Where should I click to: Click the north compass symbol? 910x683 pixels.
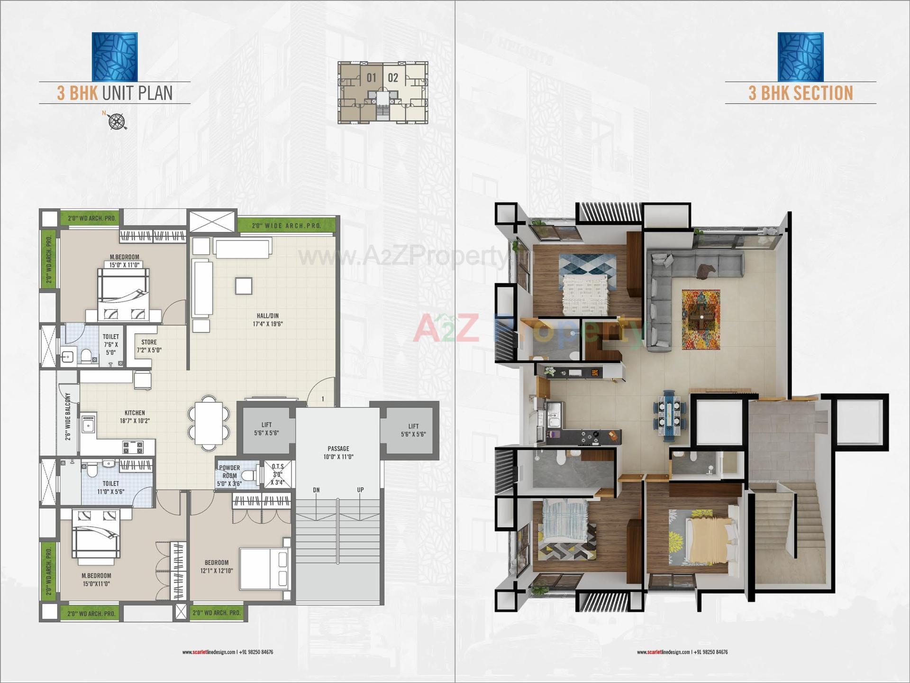[x=117, y=121]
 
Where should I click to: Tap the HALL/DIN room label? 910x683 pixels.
[x=268, y=320]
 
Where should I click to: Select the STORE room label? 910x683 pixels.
[x=149, y=346]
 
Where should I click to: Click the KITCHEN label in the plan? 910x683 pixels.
[x=135, y=416]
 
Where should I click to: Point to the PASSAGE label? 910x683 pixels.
[x=338, y=452]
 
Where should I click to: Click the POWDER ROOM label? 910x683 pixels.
[x=229, y=475]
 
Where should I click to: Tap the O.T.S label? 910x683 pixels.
[x=278, y=474]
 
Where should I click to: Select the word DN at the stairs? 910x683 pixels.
[x=316, y=490]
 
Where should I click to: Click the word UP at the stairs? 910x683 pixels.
[x=360, y=490]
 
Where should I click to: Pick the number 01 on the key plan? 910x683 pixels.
[x=372, y=77]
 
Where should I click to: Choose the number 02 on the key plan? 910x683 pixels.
[x=393, y=77]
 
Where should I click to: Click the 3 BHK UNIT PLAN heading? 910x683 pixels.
[x=115, y=93]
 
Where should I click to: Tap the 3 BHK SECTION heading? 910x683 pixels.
[x=801, y=93]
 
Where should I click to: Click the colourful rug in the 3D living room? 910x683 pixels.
[x=701, y=320]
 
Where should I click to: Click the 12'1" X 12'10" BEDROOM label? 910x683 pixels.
[x=217, y=566]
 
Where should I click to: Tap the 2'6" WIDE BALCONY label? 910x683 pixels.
[x=68, y=416]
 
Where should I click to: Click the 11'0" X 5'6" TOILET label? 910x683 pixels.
[x=110, y=488]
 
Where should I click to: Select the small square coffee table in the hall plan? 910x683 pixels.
[x=244, y=286]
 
